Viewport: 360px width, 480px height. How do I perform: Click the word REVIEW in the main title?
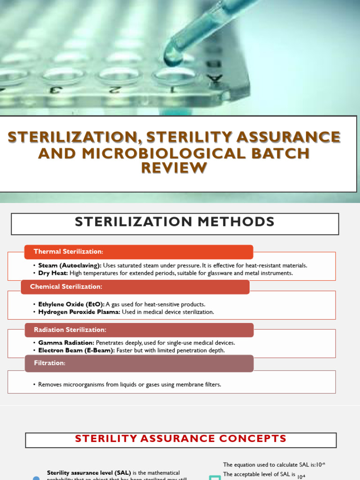(174, 167)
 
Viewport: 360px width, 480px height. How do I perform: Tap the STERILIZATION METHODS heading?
(174, 222)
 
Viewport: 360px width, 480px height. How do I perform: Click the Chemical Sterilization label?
(66, 286)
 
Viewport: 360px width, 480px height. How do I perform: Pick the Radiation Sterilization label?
(70, 330)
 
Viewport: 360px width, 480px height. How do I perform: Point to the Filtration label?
(49, 363)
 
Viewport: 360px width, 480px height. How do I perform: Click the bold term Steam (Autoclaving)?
(70, 265)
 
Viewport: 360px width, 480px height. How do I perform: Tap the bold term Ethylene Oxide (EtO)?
(71, 304)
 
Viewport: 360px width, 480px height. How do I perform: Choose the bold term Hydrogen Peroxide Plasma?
(79, 312)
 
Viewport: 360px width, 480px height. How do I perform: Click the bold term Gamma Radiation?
(66, 343)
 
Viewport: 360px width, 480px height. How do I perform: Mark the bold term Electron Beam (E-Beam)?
(76, 350)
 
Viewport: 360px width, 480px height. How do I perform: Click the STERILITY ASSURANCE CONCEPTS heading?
(180, 439)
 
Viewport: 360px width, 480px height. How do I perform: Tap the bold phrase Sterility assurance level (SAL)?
(89, 473)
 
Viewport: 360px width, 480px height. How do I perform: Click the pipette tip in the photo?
(172, 57)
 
